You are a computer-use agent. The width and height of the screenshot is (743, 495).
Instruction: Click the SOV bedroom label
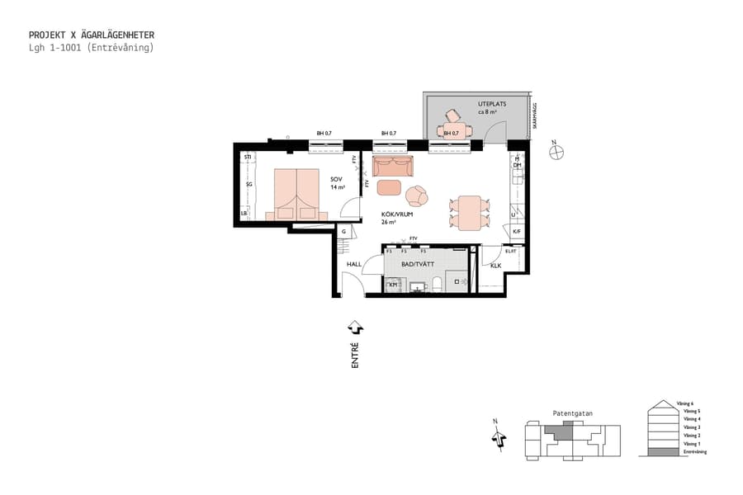point(336,179)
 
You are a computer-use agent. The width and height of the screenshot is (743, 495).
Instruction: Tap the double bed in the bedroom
point(296,195)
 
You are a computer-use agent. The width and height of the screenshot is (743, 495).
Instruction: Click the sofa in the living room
point(392,167)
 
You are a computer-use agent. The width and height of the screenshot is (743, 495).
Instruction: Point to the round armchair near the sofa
point(417,196)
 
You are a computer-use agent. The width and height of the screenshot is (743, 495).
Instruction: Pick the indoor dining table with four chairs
point(469,213)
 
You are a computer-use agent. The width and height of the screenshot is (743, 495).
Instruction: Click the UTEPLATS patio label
point(491,104)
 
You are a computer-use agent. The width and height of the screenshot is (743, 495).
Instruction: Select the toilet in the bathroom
point(438,285)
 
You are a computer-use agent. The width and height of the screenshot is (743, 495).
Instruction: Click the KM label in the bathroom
point(394,285)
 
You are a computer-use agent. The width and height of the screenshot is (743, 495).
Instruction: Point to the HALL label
point(354,265)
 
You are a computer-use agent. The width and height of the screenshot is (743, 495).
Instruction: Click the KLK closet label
point(495,266)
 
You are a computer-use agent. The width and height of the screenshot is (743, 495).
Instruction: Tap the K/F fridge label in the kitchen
point(517,232)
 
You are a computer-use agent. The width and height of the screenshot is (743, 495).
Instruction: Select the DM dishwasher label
point(518,165)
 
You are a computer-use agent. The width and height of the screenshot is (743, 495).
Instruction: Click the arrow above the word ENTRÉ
point(355,328)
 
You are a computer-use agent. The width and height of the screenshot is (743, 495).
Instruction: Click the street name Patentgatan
point(572,413)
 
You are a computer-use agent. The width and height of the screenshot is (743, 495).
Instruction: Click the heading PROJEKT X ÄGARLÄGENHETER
point(91,35)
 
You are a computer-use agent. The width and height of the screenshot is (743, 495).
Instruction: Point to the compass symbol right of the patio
point(557,151)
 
